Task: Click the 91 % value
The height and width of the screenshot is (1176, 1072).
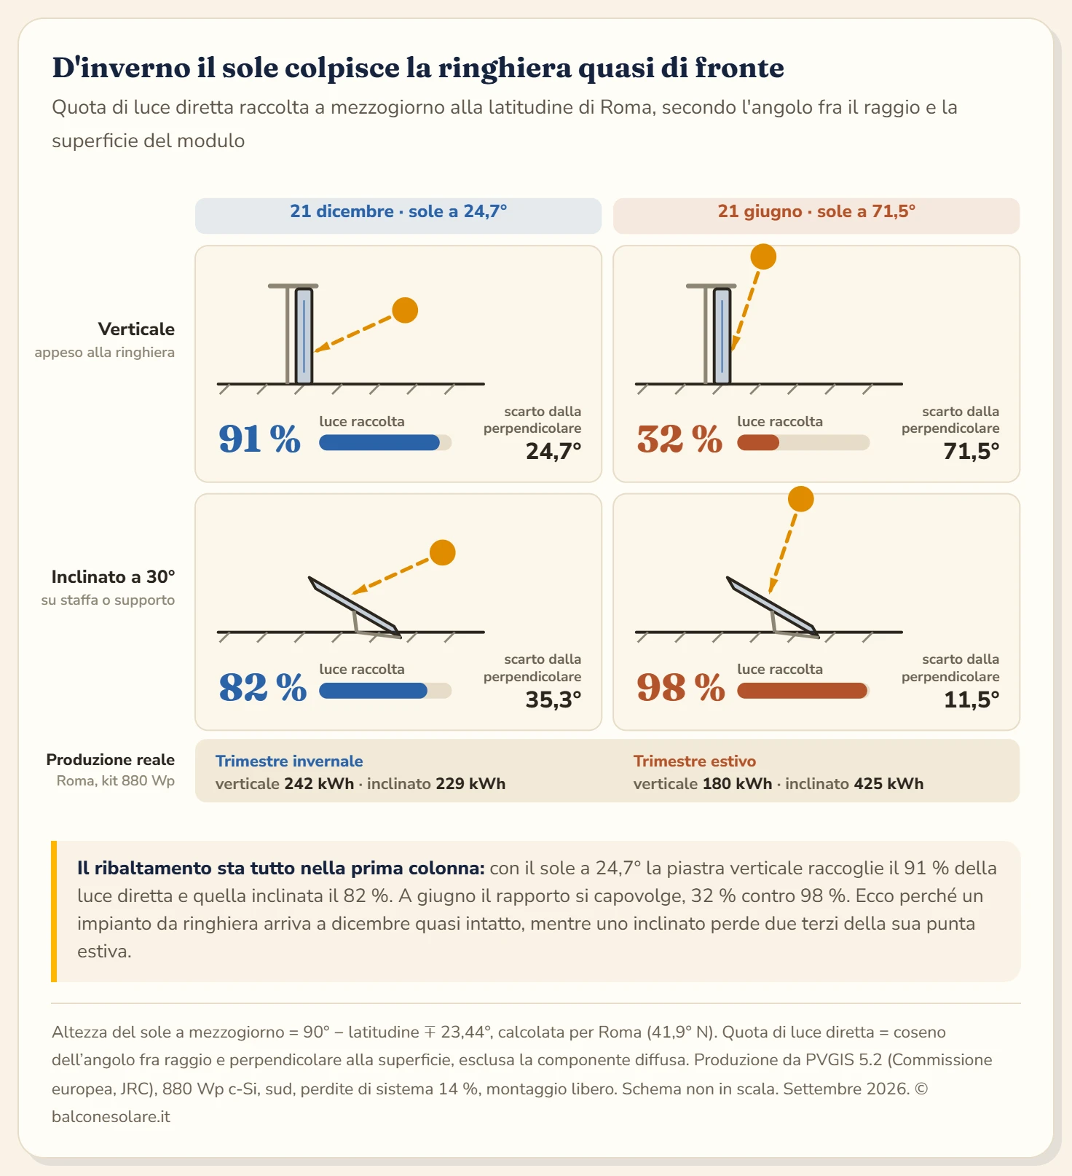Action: pos(260,439)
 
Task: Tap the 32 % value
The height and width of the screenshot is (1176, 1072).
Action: pos(679,439)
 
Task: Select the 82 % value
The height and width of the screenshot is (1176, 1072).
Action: pos(263,687)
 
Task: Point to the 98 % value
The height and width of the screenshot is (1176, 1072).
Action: pos(681,687)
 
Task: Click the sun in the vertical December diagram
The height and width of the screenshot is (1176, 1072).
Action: pos(405,310)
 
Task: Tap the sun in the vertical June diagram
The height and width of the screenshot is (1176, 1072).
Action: pos(763,256)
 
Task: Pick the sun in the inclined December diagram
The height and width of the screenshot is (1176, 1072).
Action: pos(443,553)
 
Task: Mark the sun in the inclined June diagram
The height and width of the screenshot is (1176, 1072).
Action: pos(801,499)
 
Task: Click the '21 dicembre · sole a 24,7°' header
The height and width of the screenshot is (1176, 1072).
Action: pos(398,211)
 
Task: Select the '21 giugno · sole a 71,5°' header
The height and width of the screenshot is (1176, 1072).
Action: pos(816,211)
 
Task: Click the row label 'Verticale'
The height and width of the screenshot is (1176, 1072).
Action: pos(136,329)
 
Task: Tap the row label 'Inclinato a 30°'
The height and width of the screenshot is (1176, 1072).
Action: pos(113,577)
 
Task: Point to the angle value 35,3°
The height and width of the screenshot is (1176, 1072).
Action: pos(553,700)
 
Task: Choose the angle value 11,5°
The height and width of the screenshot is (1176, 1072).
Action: pos(971,700)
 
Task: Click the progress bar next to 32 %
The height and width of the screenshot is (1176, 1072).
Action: pos(803,442)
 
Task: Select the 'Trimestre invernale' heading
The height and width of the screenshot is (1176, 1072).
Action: pos(289,761)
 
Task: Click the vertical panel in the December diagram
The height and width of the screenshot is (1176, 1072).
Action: pos(304,336)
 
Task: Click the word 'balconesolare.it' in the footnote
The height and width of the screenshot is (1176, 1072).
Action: pos(111,1117)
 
